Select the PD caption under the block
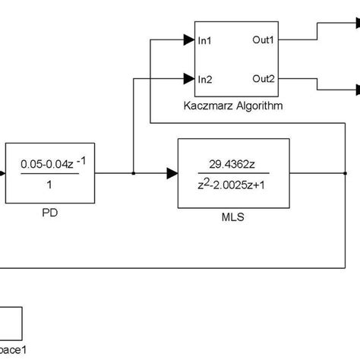pyautogui.click(x=50, y=213)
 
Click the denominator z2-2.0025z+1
pyautogui.click(x=232, y=185)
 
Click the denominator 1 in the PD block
pyautogui.click(x=50, y=185)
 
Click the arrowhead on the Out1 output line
pyautogui.click(x=355, y=24)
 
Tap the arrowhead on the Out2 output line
pyautogui.click(x=355, y=90)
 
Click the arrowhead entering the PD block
pyautogui.click(x=3, y=174)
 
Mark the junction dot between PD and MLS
pyautogui.click(x=133, y=174)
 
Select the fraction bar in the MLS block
pyautogui.click(x=232, y=174)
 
